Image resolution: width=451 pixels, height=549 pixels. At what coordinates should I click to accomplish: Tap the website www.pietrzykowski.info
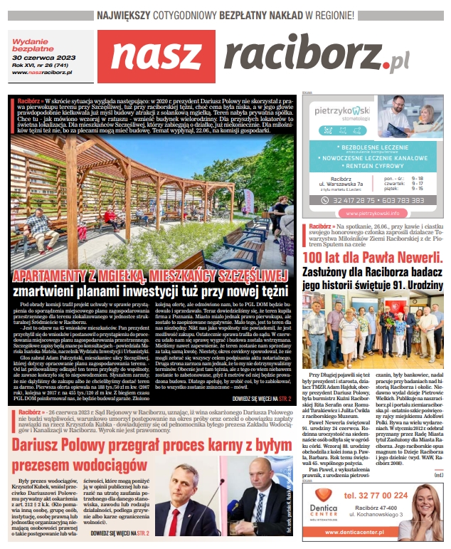371,212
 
